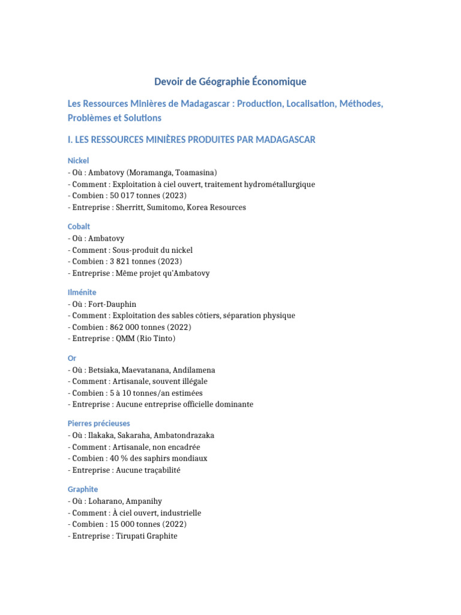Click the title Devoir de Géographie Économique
coord(230,82)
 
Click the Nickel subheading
coord(78,161)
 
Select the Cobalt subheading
coord(79,226)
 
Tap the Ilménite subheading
coord(82,292)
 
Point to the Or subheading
coord(72,358)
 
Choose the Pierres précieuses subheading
coord(99,423)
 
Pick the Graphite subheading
coord(83,489)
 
